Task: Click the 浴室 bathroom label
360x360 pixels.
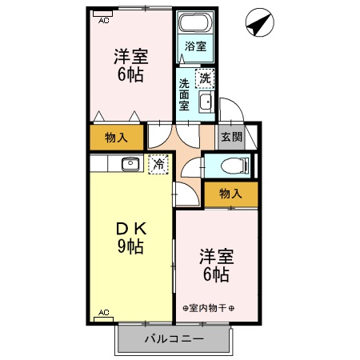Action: tap(195, 46)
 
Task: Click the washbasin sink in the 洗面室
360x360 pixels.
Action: tap(206, 102)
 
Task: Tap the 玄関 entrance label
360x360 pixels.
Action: tap(231, 136)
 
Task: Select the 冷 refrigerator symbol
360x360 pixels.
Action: tap(158, 163)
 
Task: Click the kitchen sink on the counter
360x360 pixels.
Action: tap(130, 164)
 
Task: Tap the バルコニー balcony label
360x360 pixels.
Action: tap(174, 339)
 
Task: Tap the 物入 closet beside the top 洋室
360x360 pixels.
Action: tap(117, 138)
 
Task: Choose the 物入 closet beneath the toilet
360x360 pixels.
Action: tap(230, 194)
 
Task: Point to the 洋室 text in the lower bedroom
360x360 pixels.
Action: tap(216, 258)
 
